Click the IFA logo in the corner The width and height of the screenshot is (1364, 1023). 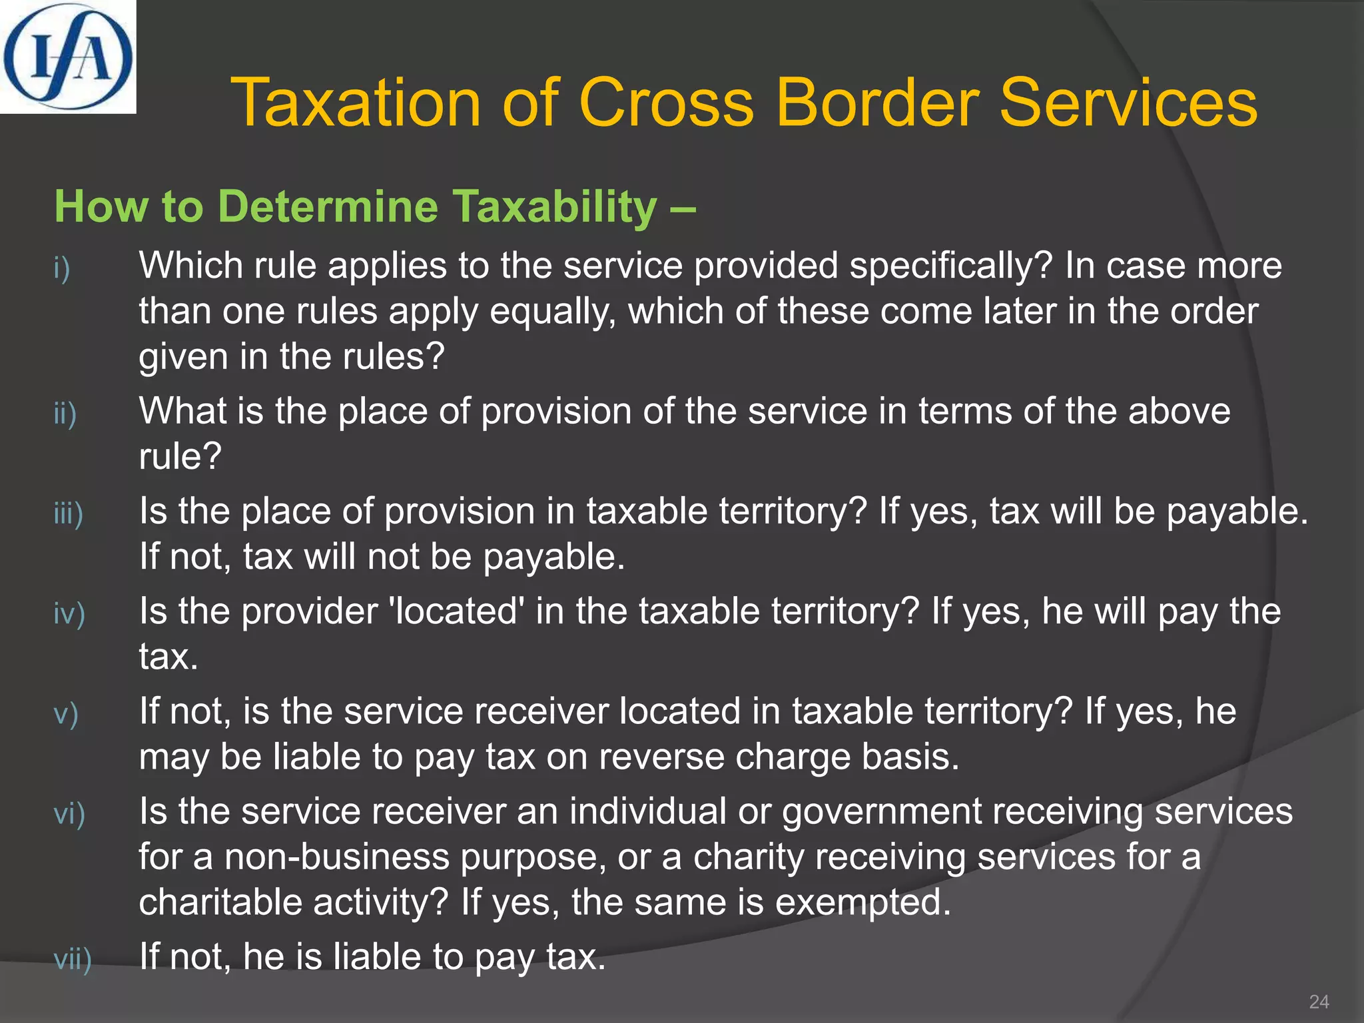click(x=67, y=56)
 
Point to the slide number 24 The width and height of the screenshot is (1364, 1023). click(x=1318, y=1002)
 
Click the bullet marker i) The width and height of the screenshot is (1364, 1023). click(x=62, y=268)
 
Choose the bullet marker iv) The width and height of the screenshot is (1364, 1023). click(x=69, y=613)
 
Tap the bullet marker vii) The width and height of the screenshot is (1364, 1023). click(x=73, y=959)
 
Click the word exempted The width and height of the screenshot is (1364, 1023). click(x=863, y=902)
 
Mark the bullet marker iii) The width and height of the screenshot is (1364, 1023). click(x=69, y=513)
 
